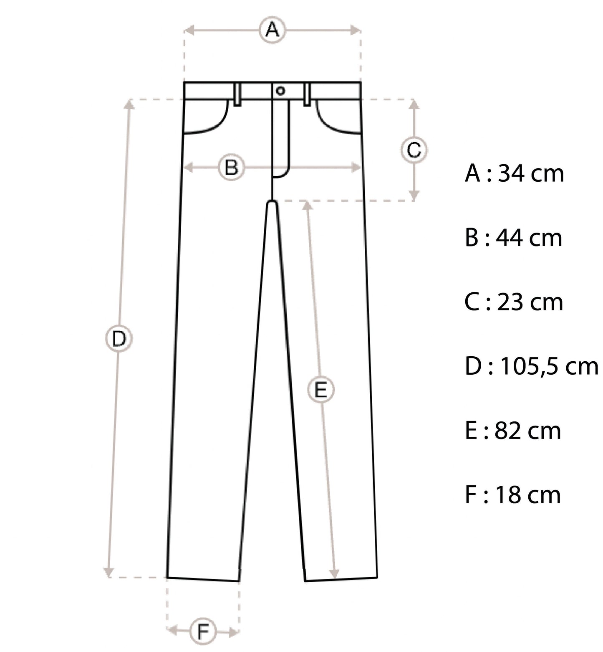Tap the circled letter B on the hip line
231,168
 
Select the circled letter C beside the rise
414,150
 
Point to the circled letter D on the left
119,339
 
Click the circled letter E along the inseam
320,390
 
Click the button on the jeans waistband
280,91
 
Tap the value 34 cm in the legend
531,173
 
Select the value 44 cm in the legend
529,238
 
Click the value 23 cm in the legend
530,302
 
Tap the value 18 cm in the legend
528,495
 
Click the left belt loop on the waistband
237,94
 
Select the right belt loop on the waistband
308,94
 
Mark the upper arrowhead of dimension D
130,103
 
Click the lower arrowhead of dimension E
335,574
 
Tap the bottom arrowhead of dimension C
414,195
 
